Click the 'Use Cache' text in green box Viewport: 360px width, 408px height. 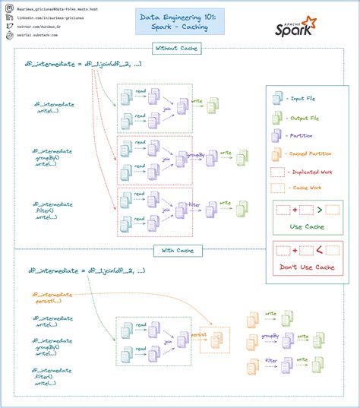point(308,226)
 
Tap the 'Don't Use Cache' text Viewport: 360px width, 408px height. point(308,267)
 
